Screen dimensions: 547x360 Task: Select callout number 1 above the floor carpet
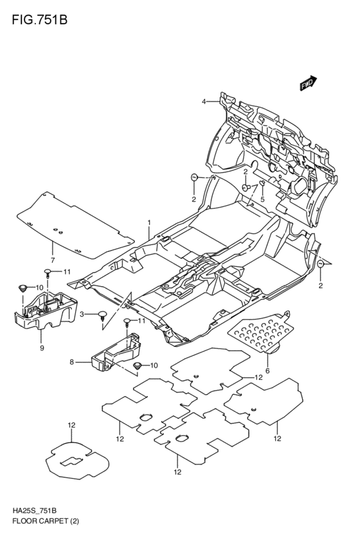(x=148, y=223)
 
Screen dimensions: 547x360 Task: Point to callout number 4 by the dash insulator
(x=204, y=102)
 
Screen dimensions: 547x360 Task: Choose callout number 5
(x=262, y=200)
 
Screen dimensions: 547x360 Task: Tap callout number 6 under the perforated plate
(x=267, y=371)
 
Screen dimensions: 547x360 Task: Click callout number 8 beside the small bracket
(x=73, y=363)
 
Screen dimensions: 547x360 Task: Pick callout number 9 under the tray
(x=42, y=348)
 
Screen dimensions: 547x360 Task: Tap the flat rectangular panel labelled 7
(x=74, y=224)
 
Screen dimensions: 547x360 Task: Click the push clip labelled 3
(x=102, y=314)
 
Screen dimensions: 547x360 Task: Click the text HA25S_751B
(x=33, y=510)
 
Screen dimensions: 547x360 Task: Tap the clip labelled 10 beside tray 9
(x=24, y=287)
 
